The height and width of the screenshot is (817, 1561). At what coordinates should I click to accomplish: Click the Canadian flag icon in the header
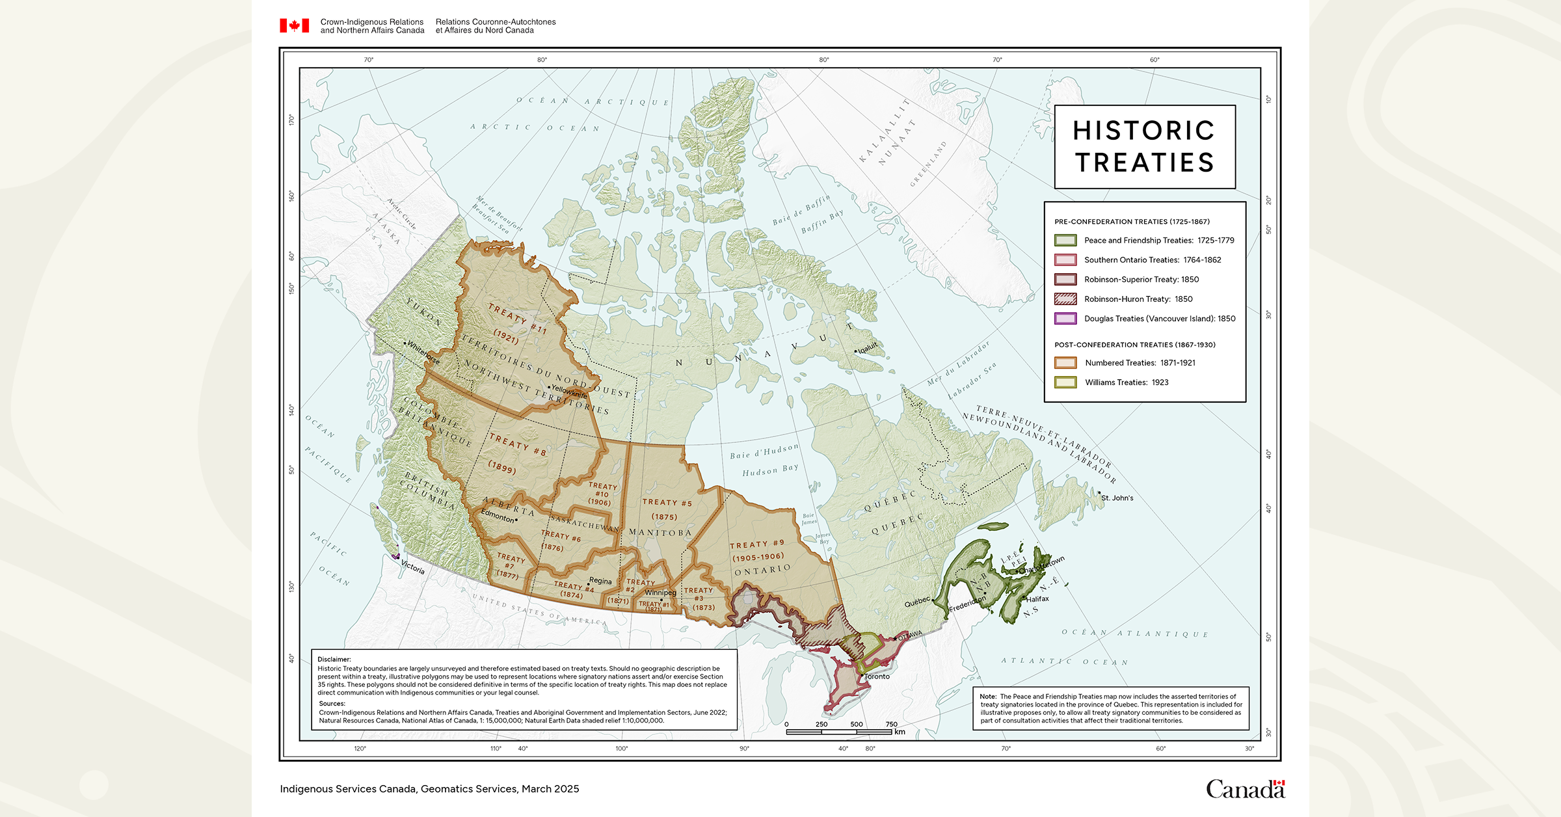[294, 26]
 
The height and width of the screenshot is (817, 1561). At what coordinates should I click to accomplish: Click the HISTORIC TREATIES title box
[1144, 147]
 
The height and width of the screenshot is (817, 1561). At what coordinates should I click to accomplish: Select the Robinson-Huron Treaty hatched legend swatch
[1065, 299]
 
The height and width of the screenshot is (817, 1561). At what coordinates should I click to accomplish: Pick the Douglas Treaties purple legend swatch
[1065, 319]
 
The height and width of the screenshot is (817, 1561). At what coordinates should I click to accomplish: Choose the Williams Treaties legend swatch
[1065, 382]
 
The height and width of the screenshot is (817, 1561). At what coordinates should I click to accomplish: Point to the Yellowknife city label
[569, 392]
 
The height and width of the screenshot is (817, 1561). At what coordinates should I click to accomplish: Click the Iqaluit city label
[868, 349]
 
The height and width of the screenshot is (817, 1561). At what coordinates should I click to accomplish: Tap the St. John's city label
[1117, 498]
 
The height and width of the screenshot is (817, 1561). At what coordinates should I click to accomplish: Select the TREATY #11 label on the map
[517, 318]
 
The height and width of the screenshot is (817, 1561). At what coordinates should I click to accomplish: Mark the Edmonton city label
[498, 516]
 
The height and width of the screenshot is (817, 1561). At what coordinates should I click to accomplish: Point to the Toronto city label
[877, 676]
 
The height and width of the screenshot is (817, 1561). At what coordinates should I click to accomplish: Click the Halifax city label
[1037, 599]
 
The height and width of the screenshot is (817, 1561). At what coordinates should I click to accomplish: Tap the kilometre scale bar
[838, 732]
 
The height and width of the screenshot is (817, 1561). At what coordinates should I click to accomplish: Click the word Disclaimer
[334, 660]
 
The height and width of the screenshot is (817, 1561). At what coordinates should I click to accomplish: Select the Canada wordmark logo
[1245, 789]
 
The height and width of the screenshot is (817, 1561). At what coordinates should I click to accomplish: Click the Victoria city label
[412, 567]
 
